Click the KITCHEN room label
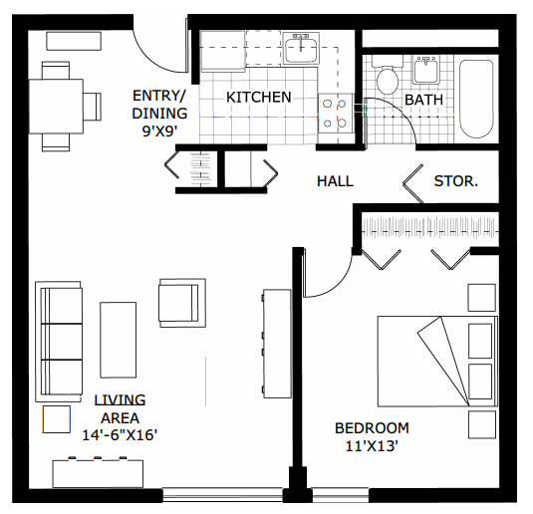pos(259,98)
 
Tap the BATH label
pos(423,100)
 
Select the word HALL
pos(335,181)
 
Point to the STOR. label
pos(456,181)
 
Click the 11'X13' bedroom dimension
pos(372,446)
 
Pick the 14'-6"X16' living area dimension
pos(120,434)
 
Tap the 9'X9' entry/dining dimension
pos(159,131)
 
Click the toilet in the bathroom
pos(388,76)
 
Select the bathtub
pos(476,99)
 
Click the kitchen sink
pos(301,49)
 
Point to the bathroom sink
pos(425,70)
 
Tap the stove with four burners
pos(335,114)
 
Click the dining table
pos(56,107)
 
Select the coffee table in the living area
pos(118,340)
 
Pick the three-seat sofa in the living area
pos(59,342)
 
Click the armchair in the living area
pos(182,303)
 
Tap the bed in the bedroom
pos(437,362)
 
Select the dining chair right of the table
pos(93,107)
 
